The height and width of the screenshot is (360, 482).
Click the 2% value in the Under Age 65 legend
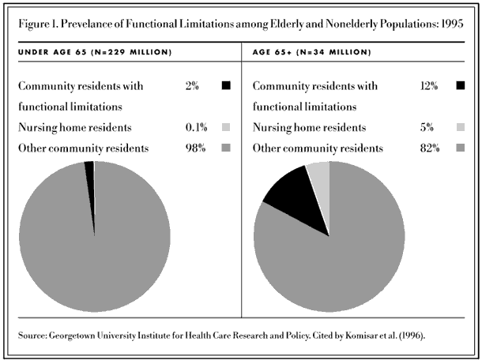pyautogui.click(x=192, y=86)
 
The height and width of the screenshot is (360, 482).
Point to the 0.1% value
pyautogui.click(x=197, y=127)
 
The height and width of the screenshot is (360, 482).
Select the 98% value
pyautogui.click(x=195, y=148)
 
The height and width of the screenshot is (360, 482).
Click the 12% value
pyautogui.click(x=429, y=86)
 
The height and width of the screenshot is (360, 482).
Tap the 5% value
pyautogui.click(x=427, y=127)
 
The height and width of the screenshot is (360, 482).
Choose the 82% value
pyautogui.click(x=430, y=148)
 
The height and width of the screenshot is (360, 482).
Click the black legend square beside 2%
pyautogui.click(x=226, y=85)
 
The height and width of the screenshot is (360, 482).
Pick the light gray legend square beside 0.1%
pyautogui.click(x=226, y=127)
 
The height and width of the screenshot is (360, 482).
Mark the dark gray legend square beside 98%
pyautogui.click(x=226, y=148)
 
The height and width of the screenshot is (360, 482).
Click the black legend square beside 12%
pyautogui.click(x=461, y=85)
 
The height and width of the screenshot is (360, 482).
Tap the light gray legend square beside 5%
pyautogui.click(x=461, y=127)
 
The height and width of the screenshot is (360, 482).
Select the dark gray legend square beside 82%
pyautogui.click(x=461, y=148)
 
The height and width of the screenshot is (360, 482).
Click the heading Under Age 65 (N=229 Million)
pyautogui.click(x=95, y=52)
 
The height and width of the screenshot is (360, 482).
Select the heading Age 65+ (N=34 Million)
pyautogui.click(x=311, y=52)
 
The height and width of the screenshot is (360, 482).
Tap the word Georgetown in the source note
pyautogui.click(x=72, y=335)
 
